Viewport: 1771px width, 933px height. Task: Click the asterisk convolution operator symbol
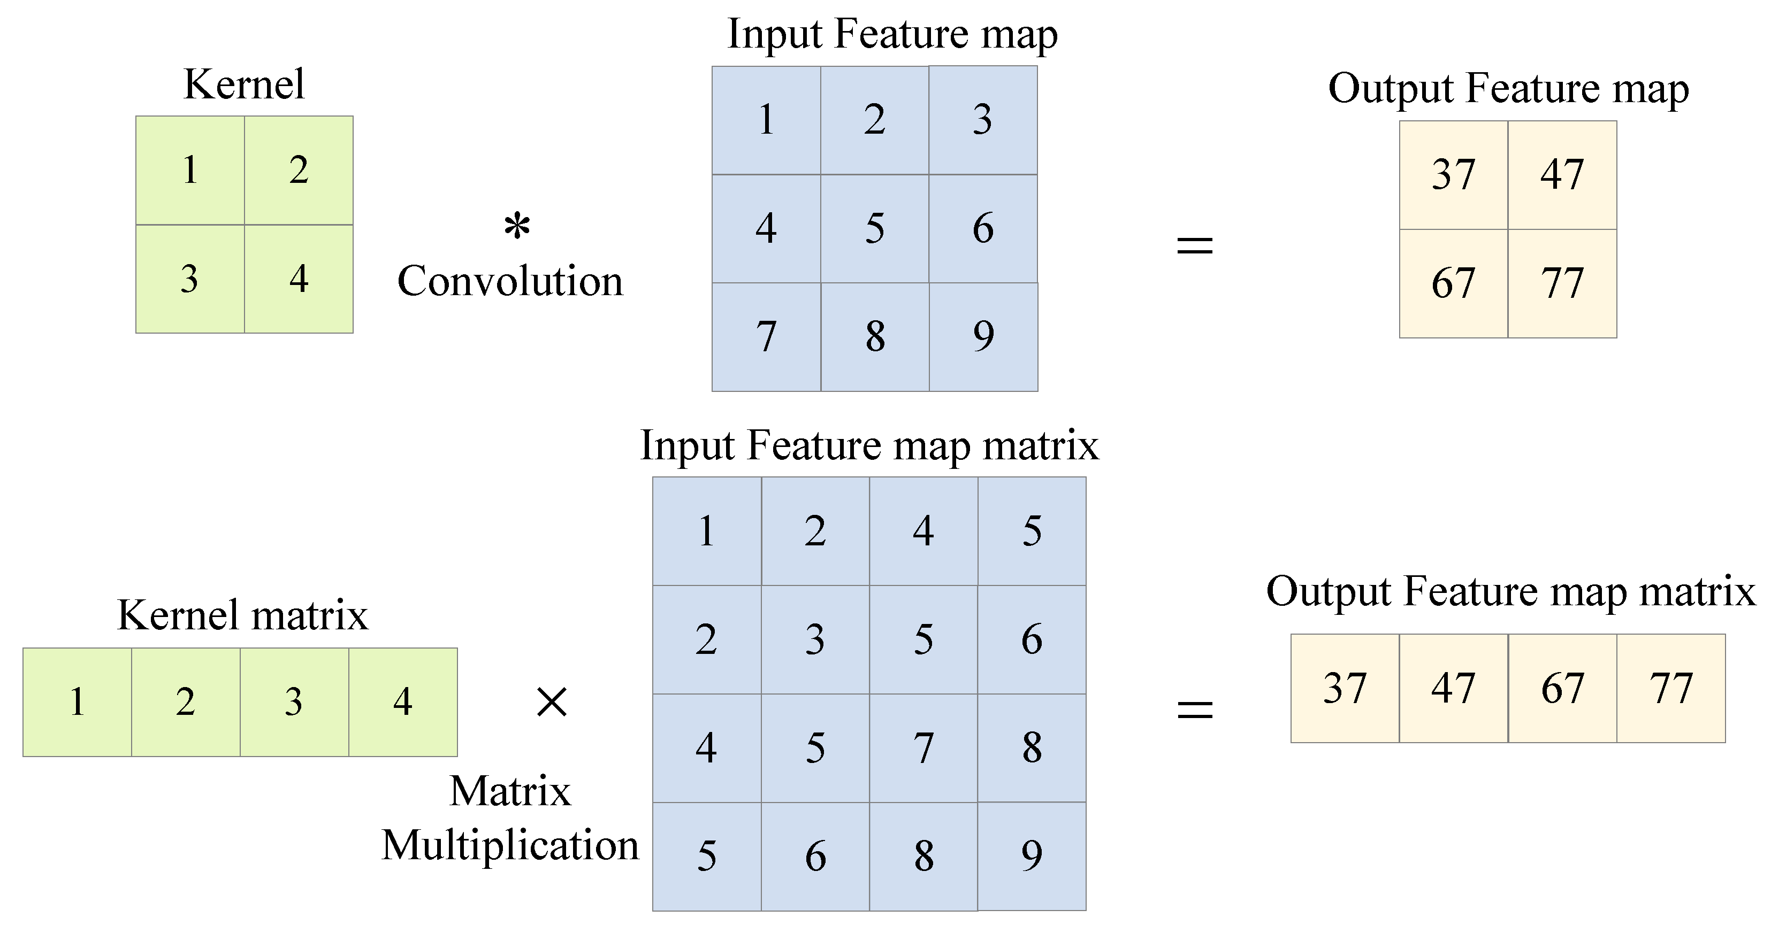(516, 226)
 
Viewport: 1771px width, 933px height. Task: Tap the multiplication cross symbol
(552, 702)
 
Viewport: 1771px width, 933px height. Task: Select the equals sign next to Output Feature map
(1195, 244)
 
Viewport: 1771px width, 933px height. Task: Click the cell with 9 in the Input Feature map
(983, 337)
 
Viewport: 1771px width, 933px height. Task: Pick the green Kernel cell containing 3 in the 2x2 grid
(190, 279)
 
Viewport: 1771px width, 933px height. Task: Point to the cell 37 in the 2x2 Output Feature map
(1453, 174)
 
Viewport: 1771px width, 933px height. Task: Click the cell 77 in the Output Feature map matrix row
(1670, 689)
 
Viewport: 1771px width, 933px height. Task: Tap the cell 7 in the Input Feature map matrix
(923, 748)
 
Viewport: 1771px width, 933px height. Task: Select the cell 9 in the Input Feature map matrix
(1031, 856)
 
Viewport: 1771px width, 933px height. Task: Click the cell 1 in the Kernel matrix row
(77, 702)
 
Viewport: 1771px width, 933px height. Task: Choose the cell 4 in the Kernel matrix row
(403, 702)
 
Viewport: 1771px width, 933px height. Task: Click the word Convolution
(510, 281)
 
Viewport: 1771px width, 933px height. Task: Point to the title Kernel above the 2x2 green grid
(244, 84)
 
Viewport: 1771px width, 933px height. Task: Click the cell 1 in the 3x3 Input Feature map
(766, 120)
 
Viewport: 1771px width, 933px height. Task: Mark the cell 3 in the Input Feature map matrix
(815, 639)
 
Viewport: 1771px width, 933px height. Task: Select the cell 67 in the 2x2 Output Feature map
(1453, 283)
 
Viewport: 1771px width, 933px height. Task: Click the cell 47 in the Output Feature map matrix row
(1453, 689)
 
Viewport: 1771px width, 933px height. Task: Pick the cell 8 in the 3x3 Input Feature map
(874, 337)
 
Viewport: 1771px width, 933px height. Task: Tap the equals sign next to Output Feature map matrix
(1195, 709)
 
